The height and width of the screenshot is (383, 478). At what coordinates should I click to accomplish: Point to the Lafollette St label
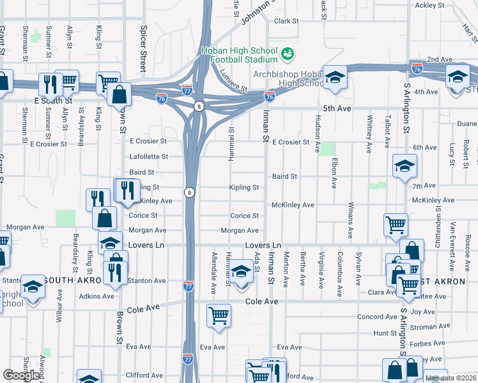148,156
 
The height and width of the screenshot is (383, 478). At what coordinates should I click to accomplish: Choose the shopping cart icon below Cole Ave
219,315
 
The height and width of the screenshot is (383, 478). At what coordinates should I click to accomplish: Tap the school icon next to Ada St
241,272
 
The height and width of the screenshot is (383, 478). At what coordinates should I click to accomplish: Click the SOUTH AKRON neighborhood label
74,280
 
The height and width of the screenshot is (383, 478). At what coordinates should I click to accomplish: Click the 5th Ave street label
337,109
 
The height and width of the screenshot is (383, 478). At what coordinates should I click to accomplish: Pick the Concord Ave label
377,317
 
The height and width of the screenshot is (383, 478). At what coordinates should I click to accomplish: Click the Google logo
21,375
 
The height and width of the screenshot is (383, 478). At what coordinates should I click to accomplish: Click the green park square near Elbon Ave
328,149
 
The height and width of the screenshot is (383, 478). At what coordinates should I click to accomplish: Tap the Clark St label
286,21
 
